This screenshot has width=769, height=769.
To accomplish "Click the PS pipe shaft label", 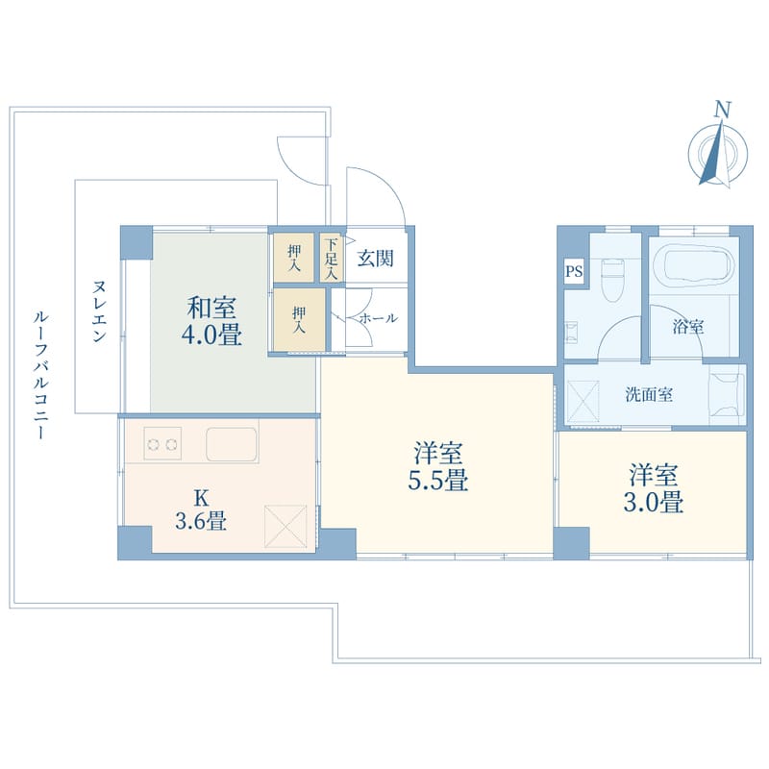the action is click(574, 271).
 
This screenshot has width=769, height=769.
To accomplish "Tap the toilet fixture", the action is click(611, 281).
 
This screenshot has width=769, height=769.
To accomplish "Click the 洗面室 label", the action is click(648, 395).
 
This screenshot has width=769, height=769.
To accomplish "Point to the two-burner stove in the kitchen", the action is click(162, 444).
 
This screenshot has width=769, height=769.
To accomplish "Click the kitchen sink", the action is click(232, 444).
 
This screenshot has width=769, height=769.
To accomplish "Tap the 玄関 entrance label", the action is click(375, 259).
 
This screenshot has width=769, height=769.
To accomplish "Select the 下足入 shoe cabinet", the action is click(332, 258).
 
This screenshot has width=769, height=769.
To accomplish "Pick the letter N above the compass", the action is click(723, 110).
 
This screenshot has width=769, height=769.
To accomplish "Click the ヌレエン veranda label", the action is click(99, 310).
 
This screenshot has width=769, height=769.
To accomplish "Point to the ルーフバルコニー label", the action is click(40, 374).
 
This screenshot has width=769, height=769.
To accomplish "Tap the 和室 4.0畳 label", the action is click(211, 322).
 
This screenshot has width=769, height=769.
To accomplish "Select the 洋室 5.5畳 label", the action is click(438, 467).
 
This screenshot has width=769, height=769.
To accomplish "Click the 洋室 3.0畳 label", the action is click(654, 488).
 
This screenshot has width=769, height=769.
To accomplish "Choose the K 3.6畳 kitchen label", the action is click(201, 510).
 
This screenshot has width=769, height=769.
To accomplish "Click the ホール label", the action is click(378, 318).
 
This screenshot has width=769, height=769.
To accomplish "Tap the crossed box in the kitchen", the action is click(285, 526).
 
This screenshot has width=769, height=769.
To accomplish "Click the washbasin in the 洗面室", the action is click(727, 395).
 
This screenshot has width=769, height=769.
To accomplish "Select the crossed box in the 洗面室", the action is click(583, 402).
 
